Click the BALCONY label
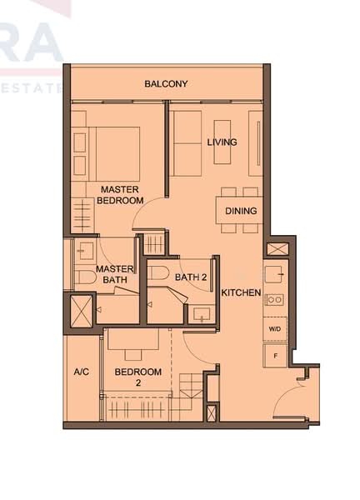166,83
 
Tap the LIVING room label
222,142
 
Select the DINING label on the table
241,211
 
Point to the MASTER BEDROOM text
120,195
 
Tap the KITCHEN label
241,292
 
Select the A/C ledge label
82,372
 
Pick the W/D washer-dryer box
275,328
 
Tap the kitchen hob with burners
275,299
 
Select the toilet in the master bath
83,277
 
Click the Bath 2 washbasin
199,314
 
